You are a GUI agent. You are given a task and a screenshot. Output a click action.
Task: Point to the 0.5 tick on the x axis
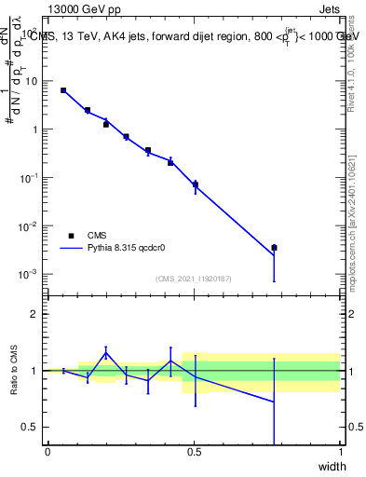coord(194,452)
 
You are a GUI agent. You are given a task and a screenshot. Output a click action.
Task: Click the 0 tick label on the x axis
coord(47,452)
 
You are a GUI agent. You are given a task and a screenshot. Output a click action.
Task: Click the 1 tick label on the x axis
coord(340,452)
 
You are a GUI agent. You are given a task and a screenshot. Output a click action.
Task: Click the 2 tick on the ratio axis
coord(35,314)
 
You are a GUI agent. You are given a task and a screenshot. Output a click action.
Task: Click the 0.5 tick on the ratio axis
coord(32,427)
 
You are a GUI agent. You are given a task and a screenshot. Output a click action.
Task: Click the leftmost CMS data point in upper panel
coord(63,90)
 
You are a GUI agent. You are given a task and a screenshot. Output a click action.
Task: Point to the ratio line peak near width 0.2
coord(106,351)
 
